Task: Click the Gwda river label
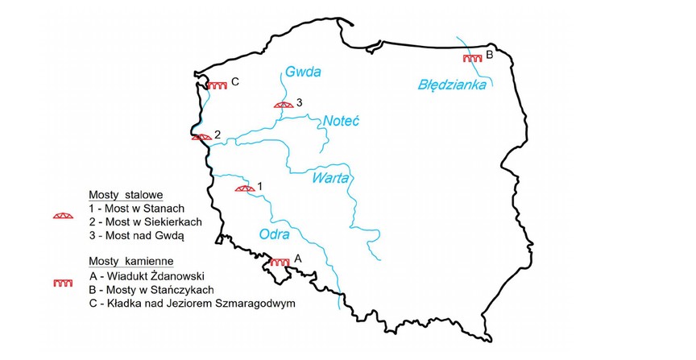[x=303, y=72]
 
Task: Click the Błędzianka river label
[x=452, y=84]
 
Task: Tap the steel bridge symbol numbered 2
[x=201, y=137]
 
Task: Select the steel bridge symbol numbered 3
[x=283, y=104]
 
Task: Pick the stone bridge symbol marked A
[x=280, y=262]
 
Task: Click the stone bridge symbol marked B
[x=472, y=58]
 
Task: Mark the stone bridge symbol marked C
[x=217, y=85]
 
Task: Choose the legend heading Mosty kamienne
[x=131, y=262]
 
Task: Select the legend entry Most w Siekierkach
[x=145, y=221]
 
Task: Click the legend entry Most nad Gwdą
[x=137, y=235]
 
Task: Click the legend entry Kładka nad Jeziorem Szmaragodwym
[x=193, y=304]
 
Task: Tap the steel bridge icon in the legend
[x=63, y=216]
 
